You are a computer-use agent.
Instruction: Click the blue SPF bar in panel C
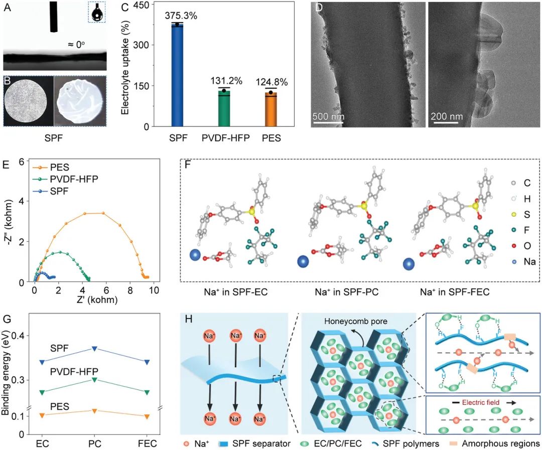177,75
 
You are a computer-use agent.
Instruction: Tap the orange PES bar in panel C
271,110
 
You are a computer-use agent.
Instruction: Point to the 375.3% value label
181,16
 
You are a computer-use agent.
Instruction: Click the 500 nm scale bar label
329,116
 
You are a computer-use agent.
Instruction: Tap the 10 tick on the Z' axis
154,291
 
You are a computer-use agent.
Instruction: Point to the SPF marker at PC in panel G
94,348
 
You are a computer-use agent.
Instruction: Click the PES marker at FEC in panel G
147,416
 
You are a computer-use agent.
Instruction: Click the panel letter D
318,9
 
